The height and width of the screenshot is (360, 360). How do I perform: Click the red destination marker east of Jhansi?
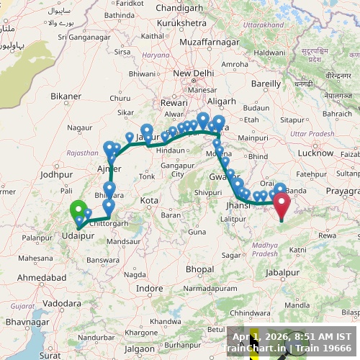(x=281, y=204)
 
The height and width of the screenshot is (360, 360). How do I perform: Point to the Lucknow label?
(x=315, y=153)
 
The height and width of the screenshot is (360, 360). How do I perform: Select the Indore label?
(x=150, y=288)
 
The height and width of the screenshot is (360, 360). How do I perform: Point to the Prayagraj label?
(x=342, y=190)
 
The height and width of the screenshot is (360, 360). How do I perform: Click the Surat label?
(x=50, y=355)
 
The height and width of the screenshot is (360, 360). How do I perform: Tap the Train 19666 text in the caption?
(x=323, y=348)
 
